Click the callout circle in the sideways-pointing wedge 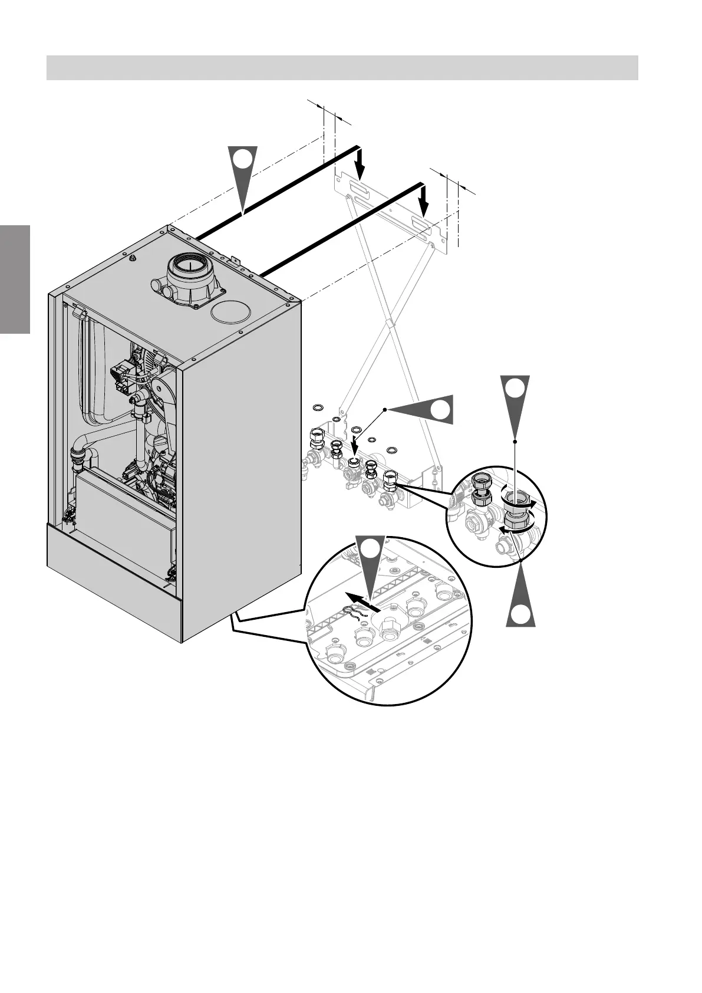click(440, 409)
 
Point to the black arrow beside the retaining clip click(361, 600)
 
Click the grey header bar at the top click(342, 67)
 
